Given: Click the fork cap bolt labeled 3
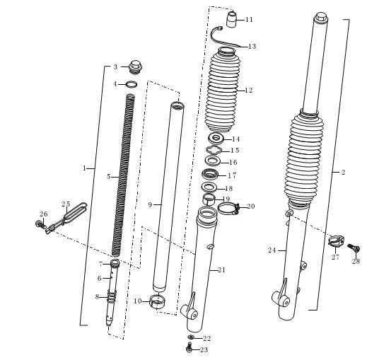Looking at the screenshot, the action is (135, 67).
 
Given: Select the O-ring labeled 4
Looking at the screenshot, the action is (132, 84).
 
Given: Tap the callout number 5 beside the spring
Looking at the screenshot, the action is (108, 176).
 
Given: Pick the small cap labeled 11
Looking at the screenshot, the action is (232, 21).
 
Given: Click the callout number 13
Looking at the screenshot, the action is (252, 46).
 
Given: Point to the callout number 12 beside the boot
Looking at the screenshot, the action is (248, 90).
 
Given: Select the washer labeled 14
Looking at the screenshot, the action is (216, 139).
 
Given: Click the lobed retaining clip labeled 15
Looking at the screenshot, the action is (214, 150).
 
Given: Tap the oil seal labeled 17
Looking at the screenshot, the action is (210, 175).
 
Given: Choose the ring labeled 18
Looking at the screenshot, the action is (209, 187).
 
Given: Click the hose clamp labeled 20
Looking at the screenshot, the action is (228, 209).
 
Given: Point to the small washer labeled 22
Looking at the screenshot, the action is (191, 337).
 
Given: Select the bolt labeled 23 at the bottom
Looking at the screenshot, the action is (190, 347).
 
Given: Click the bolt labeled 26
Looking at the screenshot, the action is (41, 223).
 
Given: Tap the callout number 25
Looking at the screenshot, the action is (66, 204).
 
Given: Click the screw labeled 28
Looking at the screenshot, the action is (354, 248).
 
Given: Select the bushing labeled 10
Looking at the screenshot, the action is (158, 302).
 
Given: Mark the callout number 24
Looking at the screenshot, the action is (272, 250).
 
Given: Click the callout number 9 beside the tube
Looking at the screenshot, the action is (150, 204).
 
